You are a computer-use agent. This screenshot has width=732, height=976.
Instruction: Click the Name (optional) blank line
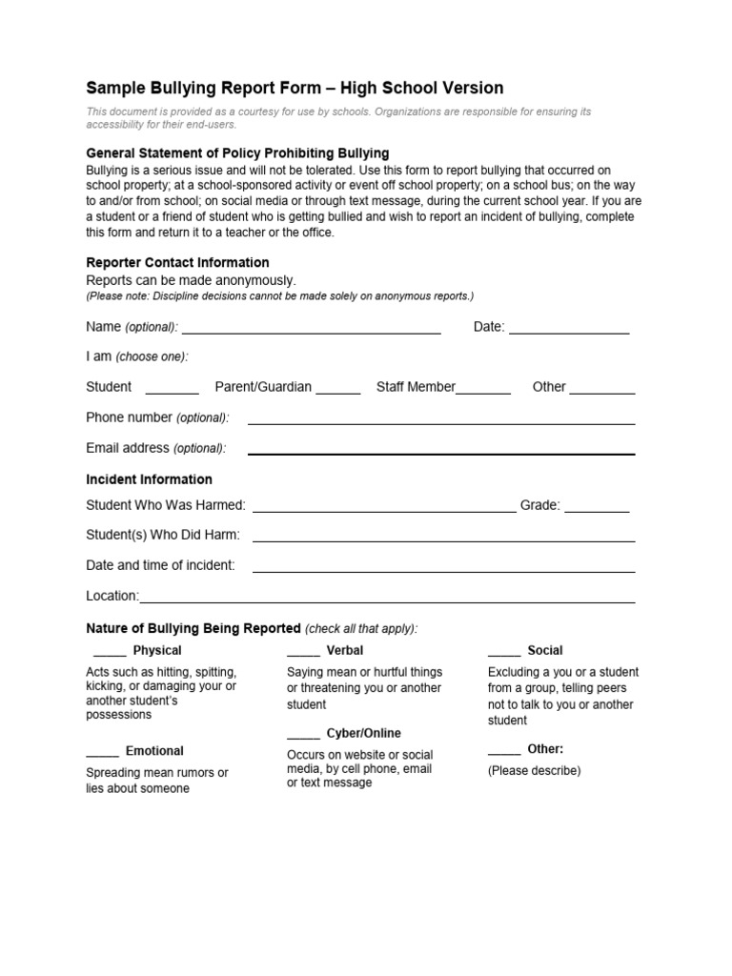(311, 331)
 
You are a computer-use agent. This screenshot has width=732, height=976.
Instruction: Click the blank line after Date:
(569, 331)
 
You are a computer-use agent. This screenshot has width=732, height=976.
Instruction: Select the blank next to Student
(172, 391)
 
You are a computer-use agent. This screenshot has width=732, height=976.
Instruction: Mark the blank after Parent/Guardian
(337, 391)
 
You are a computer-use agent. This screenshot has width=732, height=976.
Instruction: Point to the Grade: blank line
(597, 510)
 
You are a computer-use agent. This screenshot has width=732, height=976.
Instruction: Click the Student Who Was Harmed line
(384, 510)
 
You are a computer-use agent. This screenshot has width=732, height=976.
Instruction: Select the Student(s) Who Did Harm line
(443, 539)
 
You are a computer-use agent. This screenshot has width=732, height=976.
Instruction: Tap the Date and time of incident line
(443, 570)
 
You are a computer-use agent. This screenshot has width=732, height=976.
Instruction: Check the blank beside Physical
(110, 655)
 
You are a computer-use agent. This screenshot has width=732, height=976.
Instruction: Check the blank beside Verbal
(303, 655)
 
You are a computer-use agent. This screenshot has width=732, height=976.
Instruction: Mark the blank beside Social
(504, 655)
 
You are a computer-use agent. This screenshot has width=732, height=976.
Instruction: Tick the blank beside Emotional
(102, 756)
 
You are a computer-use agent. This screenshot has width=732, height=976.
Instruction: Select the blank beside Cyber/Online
(303, 738)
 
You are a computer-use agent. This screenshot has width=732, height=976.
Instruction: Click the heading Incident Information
(149, 479)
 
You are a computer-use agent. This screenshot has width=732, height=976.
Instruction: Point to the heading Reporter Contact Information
(177, 262)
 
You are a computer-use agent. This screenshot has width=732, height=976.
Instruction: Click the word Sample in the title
(112, 89)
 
